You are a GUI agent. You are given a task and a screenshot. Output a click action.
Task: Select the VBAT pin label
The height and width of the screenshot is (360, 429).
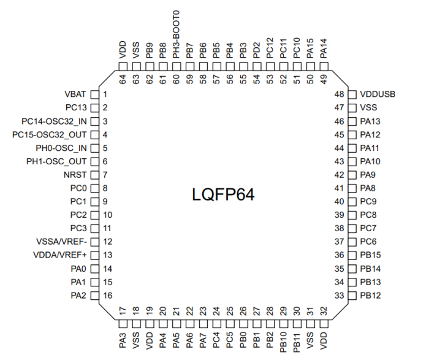75,94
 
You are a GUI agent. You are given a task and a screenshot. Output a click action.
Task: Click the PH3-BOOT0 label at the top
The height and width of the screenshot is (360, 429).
176,33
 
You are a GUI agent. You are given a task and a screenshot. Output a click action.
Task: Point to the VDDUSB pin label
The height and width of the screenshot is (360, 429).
378,94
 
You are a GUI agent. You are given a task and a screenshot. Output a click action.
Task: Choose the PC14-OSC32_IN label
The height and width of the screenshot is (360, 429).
55,121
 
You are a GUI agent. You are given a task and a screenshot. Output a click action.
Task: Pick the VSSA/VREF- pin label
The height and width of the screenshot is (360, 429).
66,242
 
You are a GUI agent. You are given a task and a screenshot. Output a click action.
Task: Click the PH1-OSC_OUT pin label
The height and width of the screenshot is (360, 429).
57,161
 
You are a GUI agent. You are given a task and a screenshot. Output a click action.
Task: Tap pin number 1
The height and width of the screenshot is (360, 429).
105,94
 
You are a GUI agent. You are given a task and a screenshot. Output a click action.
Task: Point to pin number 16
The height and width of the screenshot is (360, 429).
107,296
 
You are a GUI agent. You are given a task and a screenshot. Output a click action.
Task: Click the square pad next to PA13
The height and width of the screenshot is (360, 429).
352,121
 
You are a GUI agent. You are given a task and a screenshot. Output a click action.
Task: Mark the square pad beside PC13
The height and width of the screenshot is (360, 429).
94,108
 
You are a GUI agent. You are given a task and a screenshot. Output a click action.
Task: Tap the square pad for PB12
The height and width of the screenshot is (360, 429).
352,296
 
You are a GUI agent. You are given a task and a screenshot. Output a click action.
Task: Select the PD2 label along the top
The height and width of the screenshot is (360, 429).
256,48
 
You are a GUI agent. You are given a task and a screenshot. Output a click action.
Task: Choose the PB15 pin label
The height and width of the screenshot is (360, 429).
371,255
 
